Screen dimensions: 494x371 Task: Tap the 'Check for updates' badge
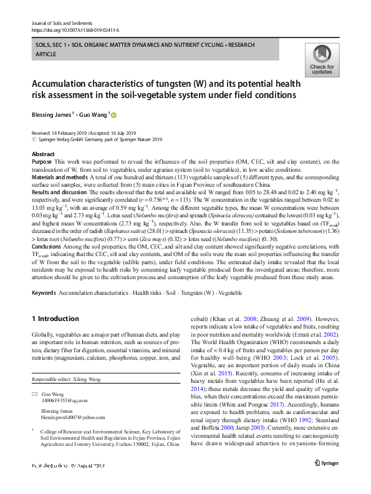[321, 59]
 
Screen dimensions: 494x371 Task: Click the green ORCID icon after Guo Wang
[114, 115]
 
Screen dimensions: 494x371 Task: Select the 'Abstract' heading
[43, 154]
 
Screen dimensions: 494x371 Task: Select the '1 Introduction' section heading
[55, 319]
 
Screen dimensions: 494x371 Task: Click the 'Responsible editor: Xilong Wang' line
[70, 379]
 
